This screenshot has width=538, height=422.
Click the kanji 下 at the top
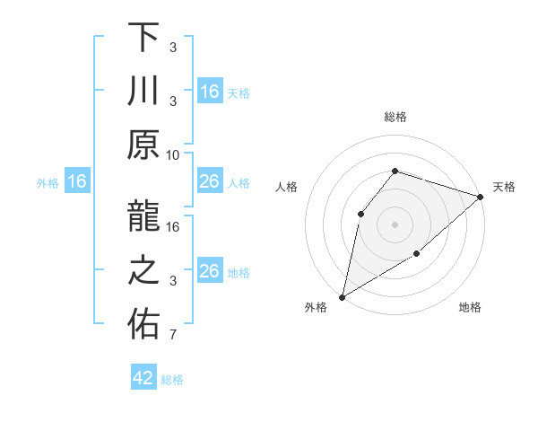pos(143,38)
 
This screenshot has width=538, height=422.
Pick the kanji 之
pos(143,272)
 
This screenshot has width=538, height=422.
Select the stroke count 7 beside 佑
pos(173,336)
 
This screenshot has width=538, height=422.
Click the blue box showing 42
pos(143,378)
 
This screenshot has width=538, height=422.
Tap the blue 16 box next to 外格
pos(76,182)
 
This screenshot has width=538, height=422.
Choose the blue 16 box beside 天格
pos(209,92)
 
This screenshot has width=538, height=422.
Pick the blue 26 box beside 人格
pos(209,182)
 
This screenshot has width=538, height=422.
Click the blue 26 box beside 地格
pos(209,271)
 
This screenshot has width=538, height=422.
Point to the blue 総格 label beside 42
pos(172,380)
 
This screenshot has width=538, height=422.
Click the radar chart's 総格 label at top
pos(395,117)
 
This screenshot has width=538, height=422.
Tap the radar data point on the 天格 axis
pos(481,197)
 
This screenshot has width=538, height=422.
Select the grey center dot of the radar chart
pos(395,224)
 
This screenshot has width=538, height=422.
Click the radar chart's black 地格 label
pos(470,308)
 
